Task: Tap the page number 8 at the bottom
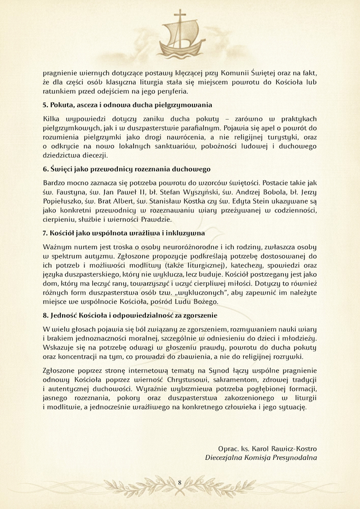[x=179, y=482]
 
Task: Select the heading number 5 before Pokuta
[x=45, y=104]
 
